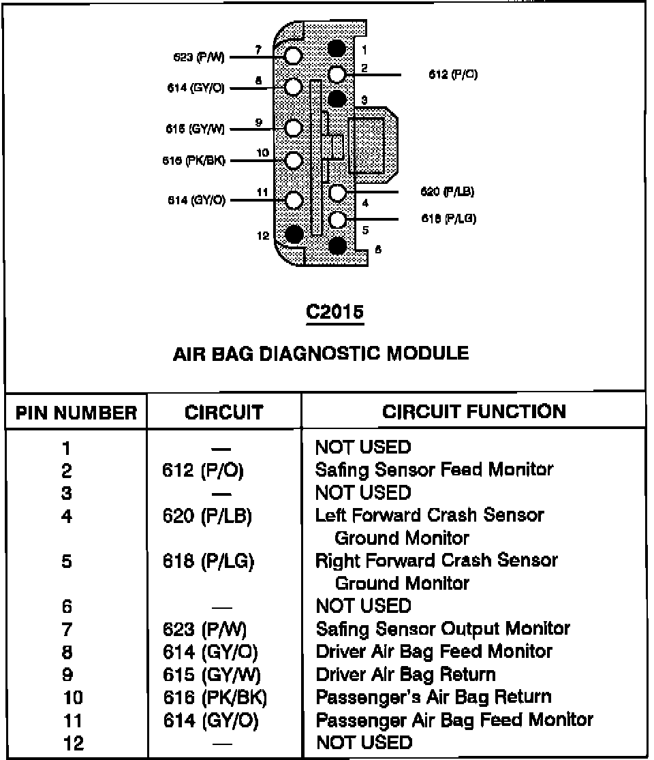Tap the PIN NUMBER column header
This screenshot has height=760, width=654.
coord(76,413)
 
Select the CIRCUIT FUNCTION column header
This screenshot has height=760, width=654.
coord(473,411)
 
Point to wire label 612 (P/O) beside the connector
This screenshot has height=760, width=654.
coord(452,75)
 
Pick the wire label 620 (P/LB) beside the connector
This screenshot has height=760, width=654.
coord(448,192)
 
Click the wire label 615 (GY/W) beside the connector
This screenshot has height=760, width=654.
coord(196,129)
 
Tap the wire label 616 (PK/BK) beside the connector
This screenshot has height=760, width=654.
coord(193,161)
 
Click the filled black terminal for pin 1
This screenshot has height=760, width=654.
coord(337,49)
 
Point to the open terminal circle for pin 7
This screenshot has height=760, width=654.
coord(294,56)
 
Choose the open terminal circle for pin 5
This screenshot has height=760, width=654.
coord(338,219)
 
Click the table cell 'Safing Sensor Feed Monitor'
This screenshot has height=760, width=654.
coord(434,469)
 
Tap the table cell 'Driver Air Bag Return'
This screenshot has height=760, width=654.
coord(405,674)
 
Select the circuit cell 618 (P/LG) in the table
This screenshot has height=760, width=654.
coord(208,561)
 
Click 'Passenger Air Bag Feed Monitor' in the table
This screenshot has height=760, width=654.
coord(454,719)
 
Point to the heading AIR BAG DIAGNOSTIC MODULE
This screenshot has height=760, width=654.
coord(321,353)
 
